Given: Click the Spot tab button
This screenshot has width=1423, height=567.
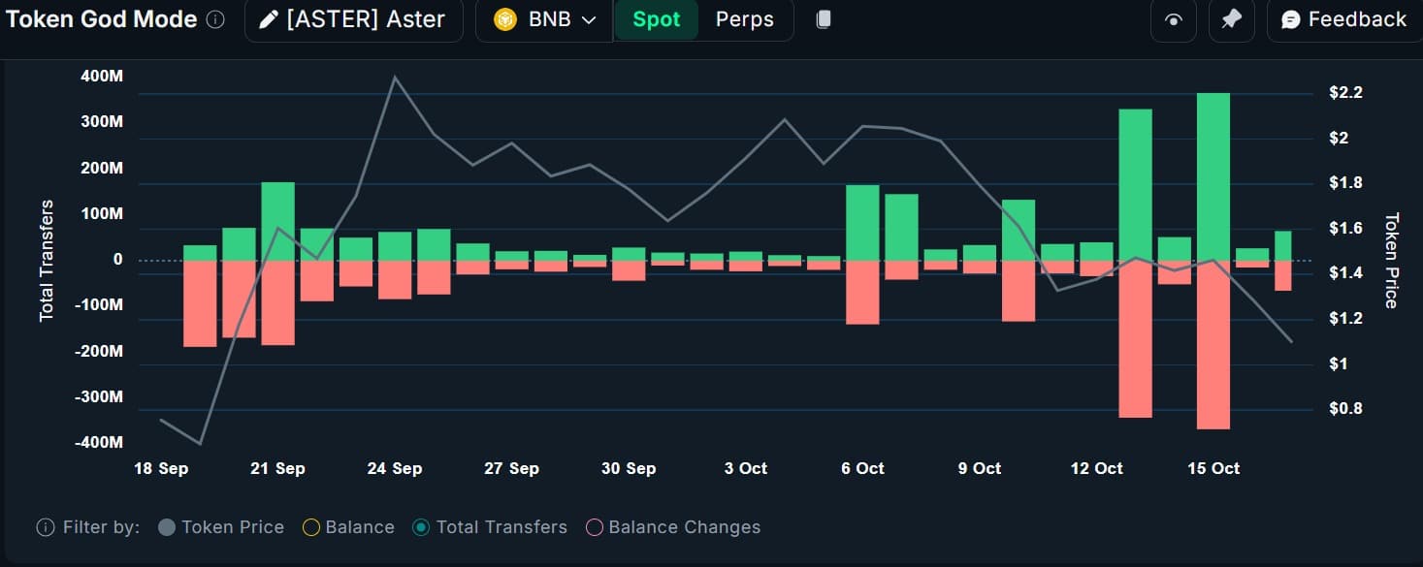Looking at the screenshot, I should click(656, 19).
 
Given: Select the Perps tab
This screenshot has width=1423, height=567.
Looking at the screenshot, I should click(744, 19).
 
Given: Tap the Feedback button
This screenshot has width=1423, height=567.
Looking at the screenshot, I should click(1343, 19).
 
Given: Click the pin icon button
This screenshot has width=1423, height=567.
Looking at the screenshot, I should click(1231, 20).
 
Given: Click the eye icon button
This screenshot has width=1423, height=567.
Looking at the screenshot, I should click(1173, 20).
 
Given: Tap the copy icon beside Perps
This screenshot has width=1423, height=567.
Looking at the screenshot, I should click(823, 19).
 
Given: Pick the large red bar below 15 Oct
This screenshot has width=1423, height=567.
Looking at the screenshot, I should click(1213, 344).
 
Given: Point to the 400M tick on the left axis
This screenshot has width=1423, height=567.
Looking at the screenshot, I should click(102, 76).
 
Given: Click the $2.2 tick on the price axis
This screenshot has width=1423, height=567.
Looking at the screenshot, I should click(1345, 93).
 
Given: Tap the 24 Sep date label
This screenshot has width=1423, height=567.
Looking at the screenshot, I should click(394, 468).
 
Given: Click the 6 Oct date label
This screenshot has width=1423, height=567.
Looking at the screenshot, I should click(862, 468).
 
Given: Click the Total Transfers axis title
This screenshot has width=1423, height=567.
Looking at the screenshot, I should click(47, 261).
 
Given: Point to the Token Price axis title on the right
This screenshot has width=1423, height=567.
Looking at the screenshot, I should click(1391, 261).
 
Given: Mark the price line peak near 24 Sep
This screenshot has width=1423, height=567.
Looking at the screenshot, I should click(395, 77).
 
